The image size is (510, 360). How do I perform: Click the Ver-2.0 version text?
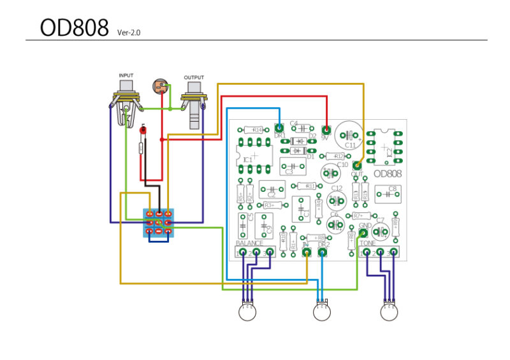129,32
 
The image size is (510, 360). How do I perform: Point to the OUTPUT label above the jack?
194,78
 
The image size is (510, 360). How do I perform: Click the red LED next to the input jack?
143,131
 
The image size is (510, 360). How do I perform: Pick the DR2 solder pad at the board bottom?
323,252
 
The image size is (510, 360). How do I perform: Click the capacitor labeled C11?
349,134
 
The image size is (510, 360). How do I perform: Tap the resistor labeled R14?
256,129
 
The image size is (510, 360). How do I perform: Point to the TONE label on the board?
368,243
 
